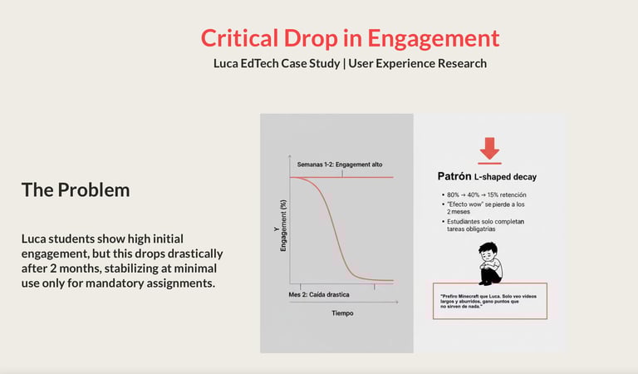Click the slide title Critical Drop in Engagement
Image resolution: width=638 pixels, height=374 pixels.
(x=350, y=38)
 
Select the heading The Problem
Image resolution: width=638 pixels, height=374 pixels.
(x=76, y=189)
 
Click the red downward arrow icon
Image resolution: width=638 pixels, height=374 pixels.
(x=489, y=150)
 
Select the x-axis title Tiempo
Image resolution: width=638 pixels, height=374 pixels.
(x=342, y=313)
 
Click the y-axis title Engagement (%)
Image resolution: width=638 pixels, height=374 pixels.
(x=283, y=226)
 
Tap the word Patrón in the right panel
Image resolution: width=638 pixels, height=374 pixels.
(x=454, y=176)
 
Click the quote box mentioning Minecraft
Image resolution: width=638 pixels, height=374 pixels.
(x=490, y=302)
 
